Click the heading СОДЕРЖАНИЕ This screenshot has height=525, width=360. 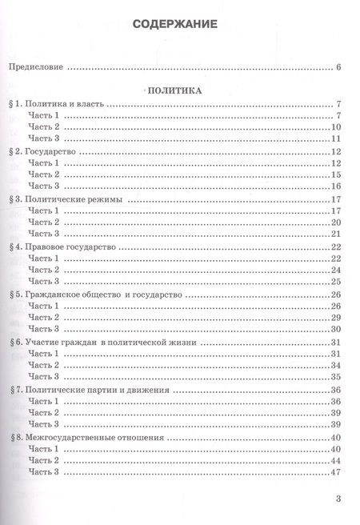pos(179,25)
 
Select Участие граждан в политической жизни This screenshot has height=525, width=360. pos(112,342)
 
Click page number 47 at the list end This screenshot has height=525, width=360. pos(337,473)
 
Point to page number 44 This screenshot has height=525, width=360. pos(337,461)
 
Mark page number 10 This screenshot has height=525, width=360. pos(337,128)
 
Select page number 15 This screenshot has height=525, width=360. pos(337,175)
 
